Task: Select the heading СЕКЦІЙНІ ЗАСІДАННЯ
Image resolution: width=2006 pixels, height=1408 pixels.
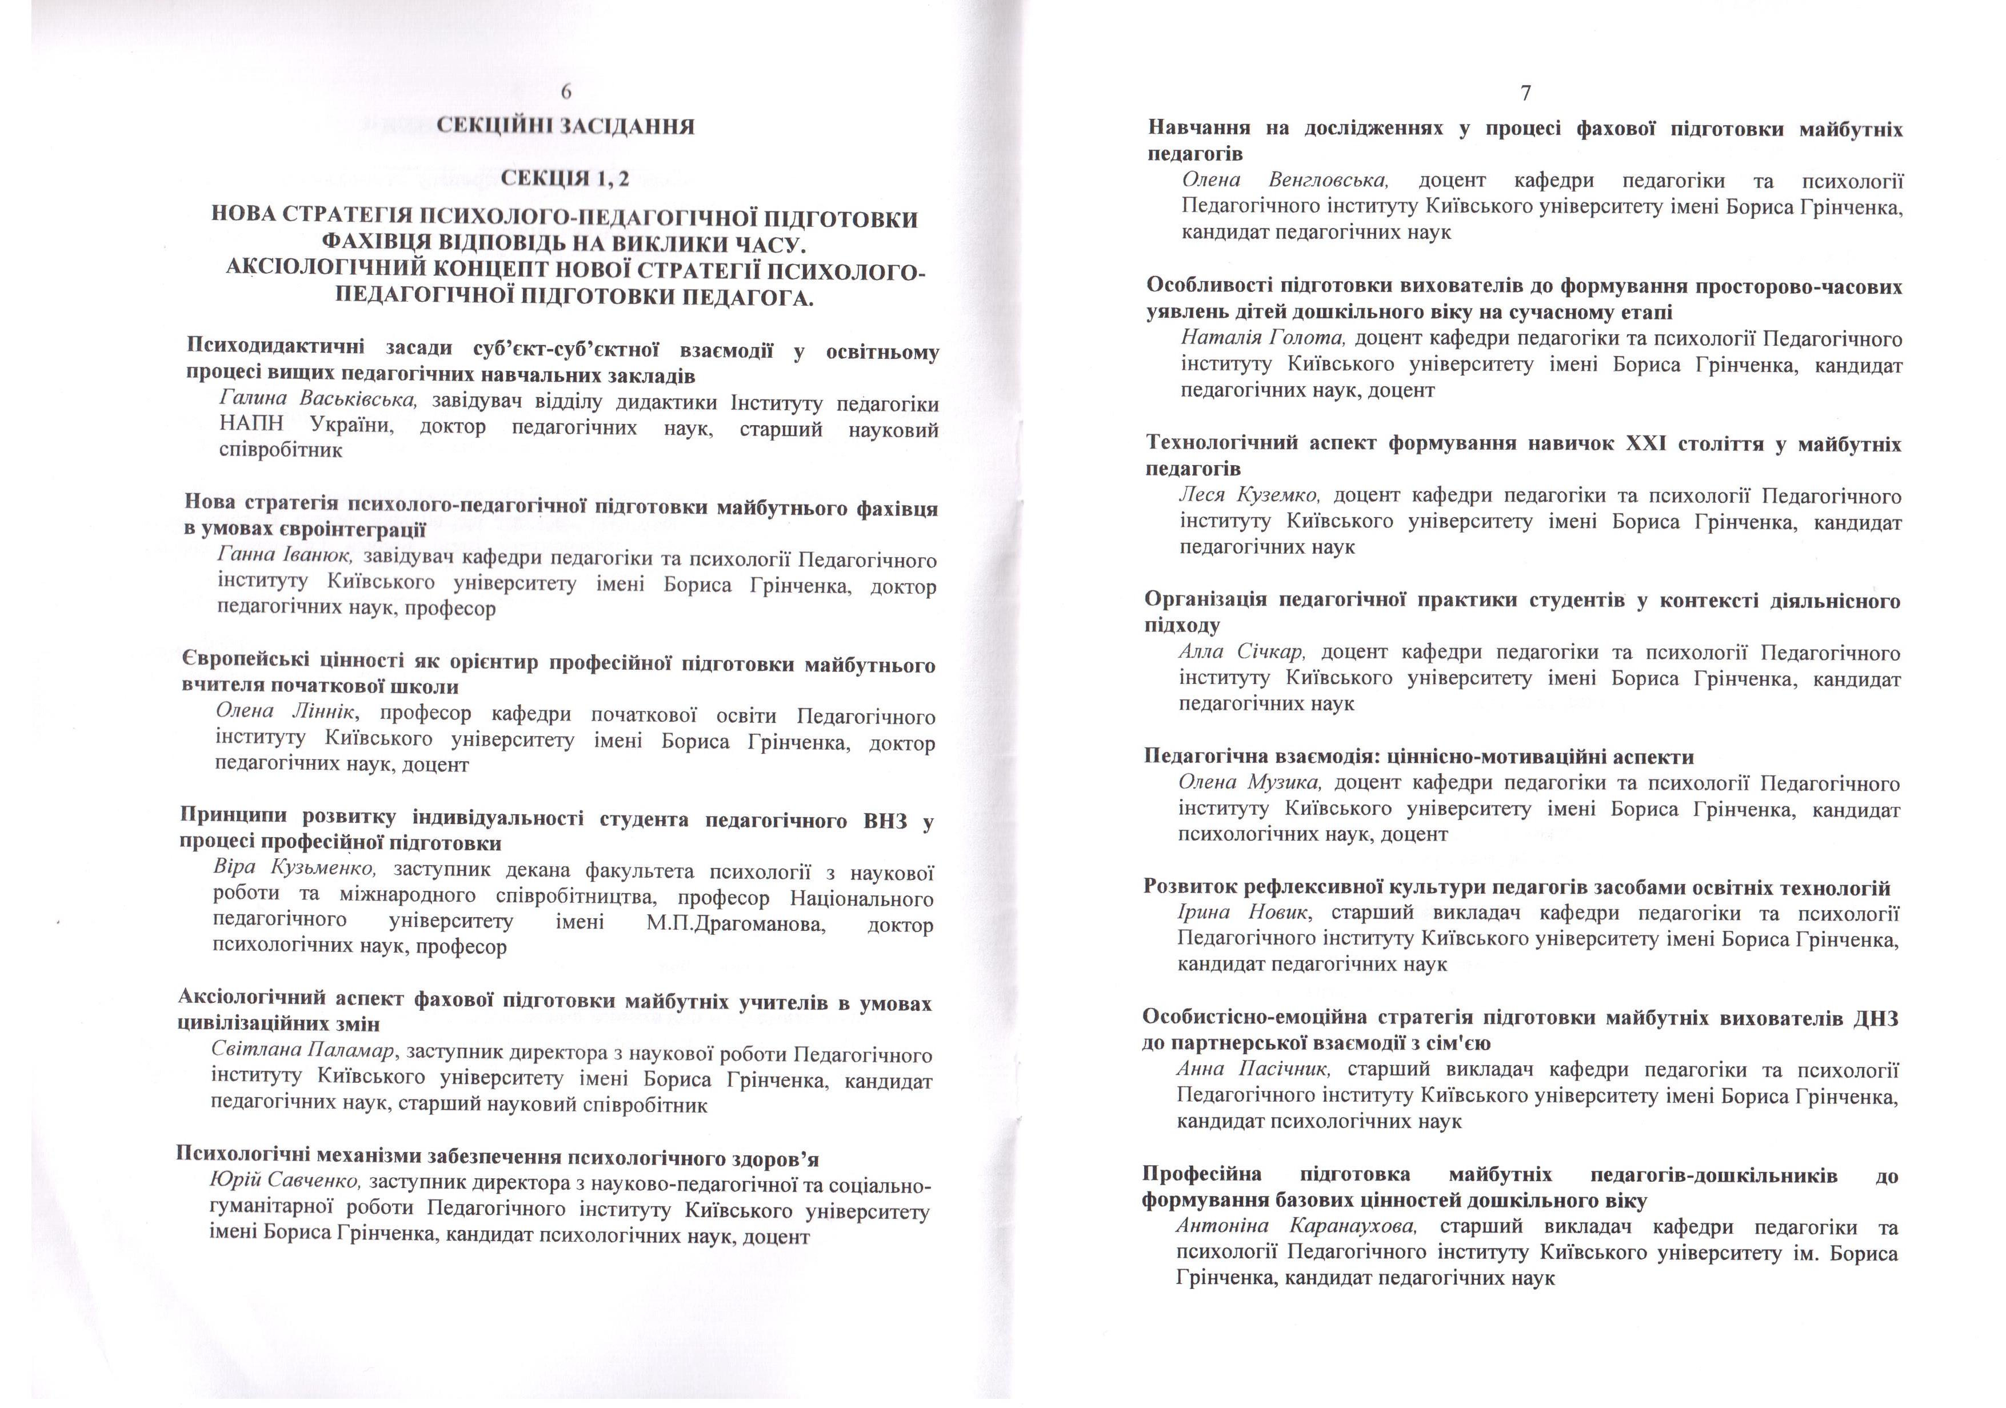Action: tap(565, 127)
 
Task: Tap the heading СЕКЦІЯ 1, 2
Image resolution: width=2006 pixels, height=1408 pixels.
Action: tap(565, 179)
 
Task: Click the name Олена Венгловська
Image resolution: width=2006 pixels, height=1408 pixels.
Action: tap(1284, 181)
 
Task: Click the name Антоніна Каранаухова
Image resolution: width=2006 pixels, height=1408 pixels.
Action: tap(1296, 1226)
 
